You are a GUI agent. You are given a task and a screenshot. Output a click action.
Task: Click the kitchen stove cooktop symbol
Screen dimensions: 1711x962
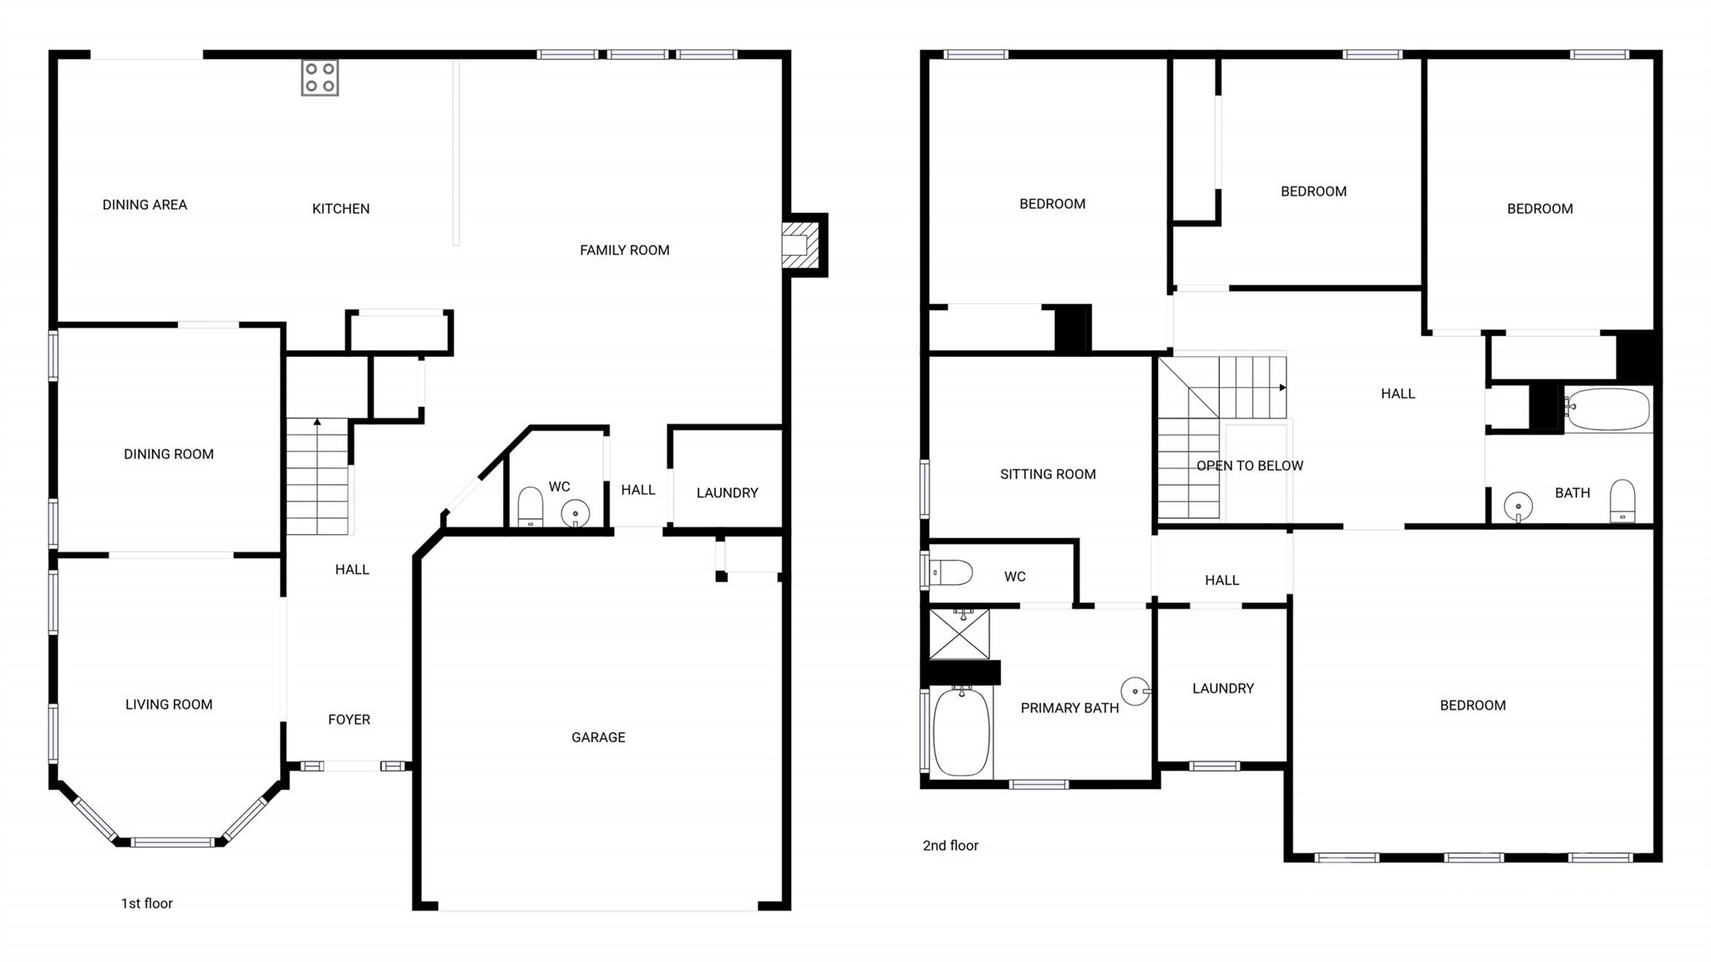click(x=320, y=78)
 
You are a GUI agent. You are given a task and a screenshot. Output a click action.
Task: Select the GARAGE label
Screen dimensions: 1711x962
click(x=598, y=737)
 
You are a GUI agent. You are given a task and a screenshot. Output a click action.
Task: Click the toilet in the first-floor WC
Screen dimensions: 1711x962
click(x=531, y=506)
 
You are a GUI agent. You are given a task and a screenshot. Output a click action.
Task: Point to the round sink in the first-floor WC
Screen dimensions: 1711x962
click(x=575, y=513)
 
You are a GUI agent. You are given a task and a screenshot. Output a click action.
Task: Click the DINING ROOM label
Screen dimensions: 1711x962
click(x=169, y=454)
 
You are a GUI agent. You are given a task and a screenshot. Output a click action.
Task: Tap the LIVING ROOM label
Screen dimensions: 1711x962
click(x=169, y=705)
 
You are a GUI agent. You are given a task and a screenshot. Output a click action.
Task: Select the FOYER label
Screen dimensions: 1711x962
click(x=349, y=720)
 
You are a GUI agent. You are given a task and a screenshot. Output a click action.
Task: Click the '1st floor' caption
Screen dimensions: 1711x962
click(x=147, y=903)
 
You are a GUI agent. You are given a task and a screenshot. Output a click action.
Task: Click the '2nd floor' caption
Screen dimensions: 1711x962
click(x=951, y=846)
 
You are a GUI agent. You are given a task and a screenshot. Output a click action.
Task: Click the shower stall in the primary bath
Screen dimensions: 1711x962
click(x=960, y=634)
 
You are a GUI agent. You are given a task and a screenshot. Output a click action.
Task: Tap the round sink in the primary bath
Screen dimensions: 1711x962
click(x=1135, y=691)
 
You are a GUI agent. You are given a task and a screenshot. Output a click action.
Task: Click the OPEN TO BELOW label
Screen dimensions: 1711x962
click(x=1250, y=466)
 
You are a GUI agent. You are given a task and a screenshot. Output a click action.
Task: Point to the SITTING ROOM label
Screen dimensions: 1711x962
click(x=1048, y=474)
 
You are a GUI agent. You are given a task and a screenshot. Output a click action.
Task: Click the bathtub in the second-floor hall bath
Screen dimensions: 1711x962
click(x=1607, y=410)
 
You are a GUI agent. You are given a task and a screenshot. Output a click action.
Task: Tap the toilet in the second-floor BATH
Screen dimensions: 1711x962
click(x=1622, y=501)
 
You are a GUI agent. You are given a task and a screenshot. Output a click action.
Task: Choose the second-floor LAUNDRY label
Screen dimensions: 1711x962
click(x=1223, y=689)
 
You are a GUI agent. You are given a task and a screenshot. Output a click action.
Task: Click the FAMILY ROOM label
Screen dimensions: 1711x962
click(x=625, y=250)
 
